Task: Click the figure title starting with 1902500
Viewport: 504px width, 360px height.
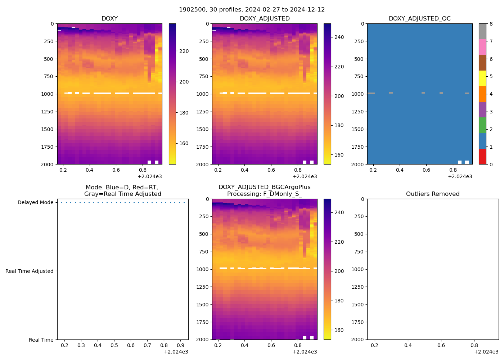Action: tap(252, 10)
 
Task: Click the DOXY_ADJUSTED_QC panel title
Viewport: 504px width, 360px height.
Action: tap(419, 19)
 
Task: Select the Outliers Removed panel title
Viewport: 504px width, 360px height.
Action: tap(433, 194)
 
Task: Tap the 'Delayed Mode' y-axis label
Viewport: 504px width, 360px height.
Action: tap(35, 202)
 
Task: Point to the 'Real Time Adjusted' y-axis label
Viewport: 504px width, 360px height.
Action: tap(29, 271)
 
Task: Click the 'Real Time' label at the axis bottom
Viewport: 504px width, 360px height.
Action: tap(41, 340)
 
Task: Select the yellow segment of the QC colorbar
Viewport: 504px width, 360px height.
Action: tap(482, 78)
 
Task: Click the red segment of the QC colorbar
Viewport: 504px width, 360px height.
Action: tap(482, 157)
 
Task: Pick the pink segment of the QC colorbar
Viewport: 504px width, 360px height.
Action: tap(482, 47)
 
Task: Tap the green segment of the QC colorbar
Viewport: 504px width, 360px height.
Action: tap(482, 125)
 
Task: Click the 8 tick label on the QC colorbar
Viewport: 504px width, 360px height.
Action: tap(490, 24)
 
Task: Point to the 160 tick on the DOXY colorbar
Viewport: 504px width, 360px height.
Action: tap(184, 143)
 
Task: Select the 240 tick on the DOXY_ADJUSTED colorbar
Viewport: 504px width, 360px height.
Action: tap(339, 37)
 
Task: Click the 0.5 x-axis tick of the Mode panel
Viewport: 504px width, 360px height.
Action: tap(114, 346)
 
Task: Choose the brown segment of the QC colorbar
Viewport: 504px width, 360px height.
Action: tap(482, 63)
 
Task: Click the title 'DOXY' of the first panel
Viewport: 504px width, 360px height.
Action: tap(109, 19)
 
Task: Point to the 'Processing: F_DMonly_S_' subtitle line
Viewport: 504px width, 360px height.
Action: tap(264, 194)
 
